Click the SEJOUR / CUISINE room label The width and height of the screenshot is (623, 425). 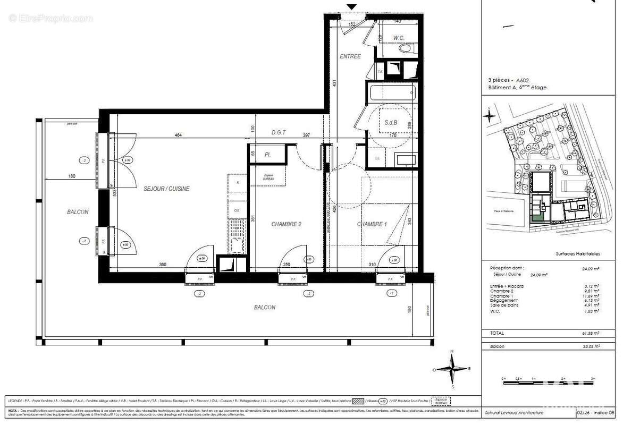pos(166,189)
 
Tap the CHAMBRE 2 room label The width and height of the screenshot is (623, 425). pos(286,224)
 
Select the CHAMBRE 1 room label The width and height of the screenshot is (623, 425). pos(372,224)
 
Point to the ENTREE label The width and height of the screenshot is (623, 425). pos(350,56)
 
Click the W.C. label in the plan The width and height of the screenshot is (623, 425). pos(400,38)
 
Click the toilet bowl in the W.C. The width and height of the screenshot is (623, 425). pos(405,48)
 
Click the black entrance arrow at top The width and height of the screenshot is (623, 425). pos(351,7)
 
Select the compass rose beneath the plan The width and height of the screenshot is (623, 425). pos(451,369)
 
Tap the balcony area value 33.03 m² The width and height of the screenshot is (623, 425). pos(590,346)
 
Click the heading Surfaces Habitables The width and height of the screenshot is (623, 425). pos(577,254)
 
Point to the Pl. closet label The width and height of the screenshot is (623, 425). pos(267,155)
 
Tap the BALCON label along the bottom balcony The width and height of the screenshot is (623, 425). pos(264,307)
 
